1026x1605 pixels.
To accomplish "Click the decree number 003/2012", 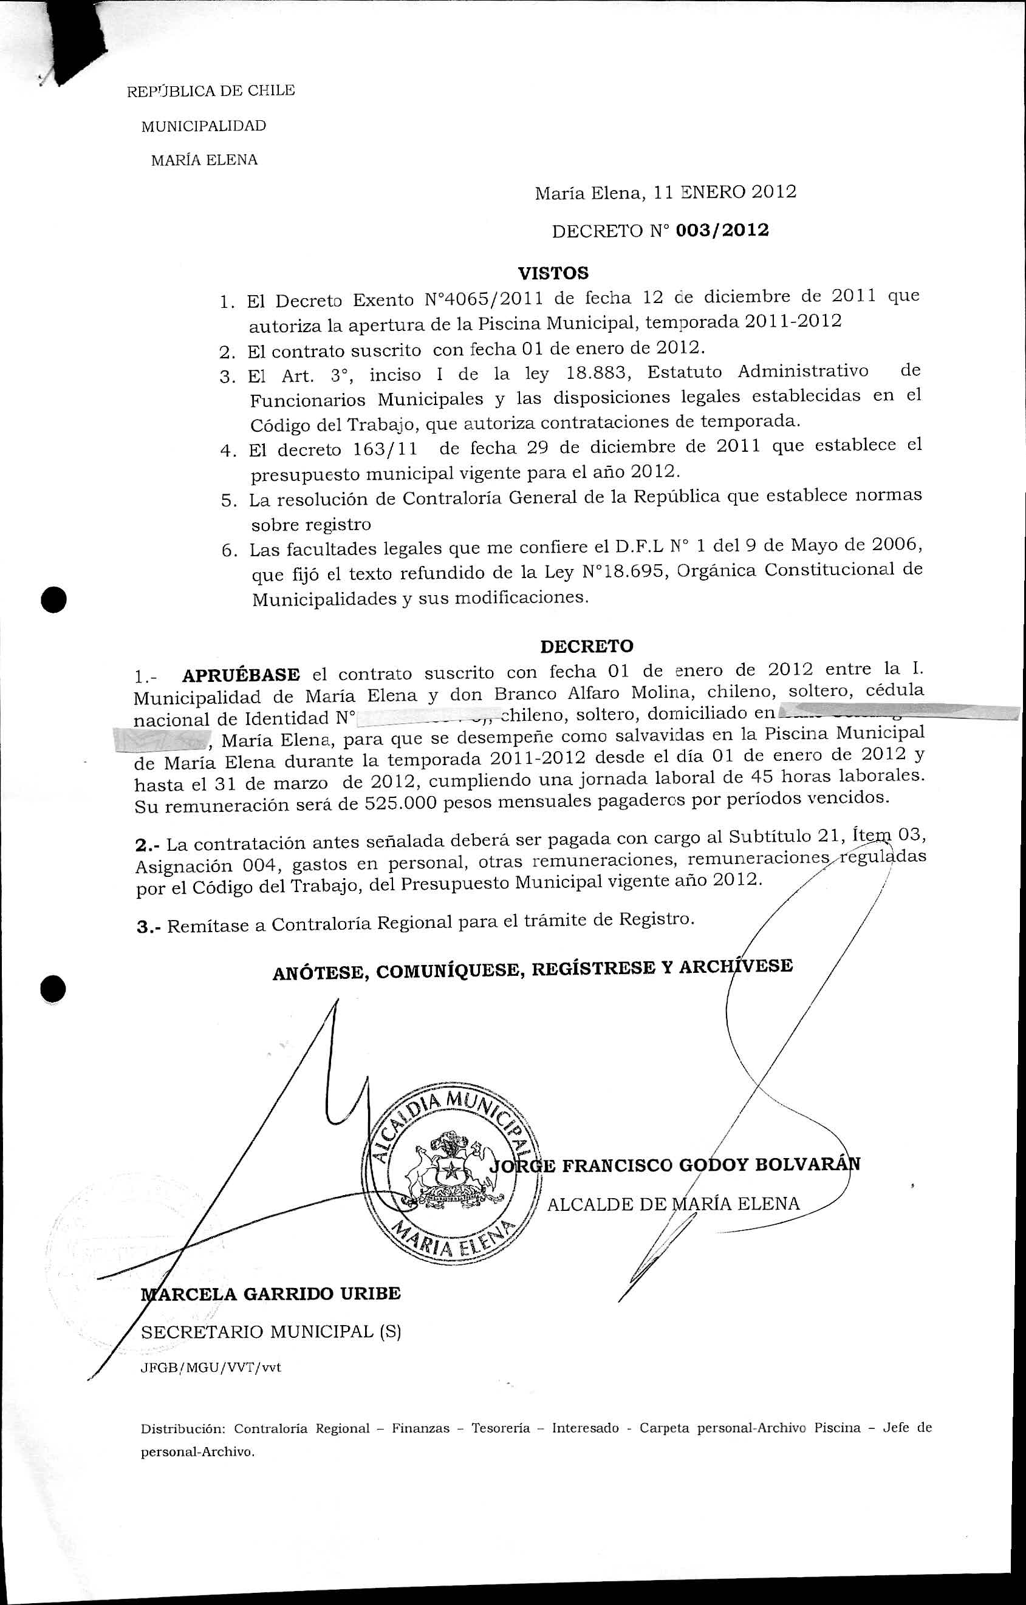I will [x=722, y=231].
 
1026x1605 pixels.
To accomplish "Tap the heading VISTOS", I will [x=553, y=273].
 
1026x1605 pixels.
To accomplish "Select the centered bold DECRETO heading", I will [x=587, y=646].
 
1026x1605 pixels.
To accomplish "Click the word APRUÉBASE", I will [x=241, y=675].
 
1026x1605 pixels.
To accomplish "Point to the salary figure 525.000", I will [x=401, y=804].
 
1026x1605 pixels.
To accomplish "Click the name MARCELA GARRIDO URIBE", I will [x=272, y=1293].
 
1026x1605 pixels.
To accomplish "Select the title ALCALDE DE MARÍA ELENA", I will [x=672, y=1204].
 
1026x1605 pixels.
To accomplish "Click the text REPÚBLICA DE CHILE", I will [x=211, y=90].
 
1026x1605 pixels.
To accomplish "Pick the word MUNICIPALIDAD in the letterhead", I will [x=203, y=126].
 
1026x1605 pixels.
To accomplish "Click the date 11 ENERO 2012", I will [x=725, y=193].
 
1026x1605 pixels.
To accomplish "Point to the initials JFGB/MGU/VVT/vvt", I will [x=211, y=1368].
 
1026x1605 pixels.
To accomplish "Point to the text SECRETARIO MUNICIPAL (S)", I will [x=272, y=1332].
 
